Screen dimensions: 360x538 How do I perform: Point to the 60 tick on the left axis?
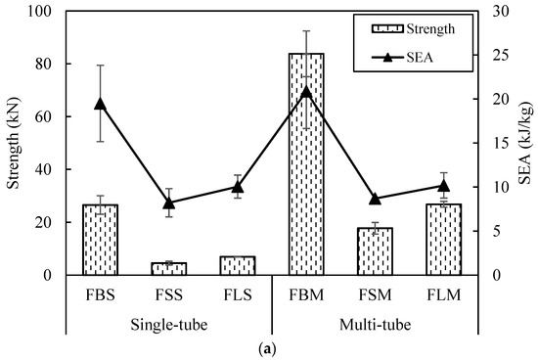click(x=43, y=117)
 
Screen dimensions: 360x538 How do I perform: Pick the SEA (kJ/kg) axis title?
click(x=526, y=142)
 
